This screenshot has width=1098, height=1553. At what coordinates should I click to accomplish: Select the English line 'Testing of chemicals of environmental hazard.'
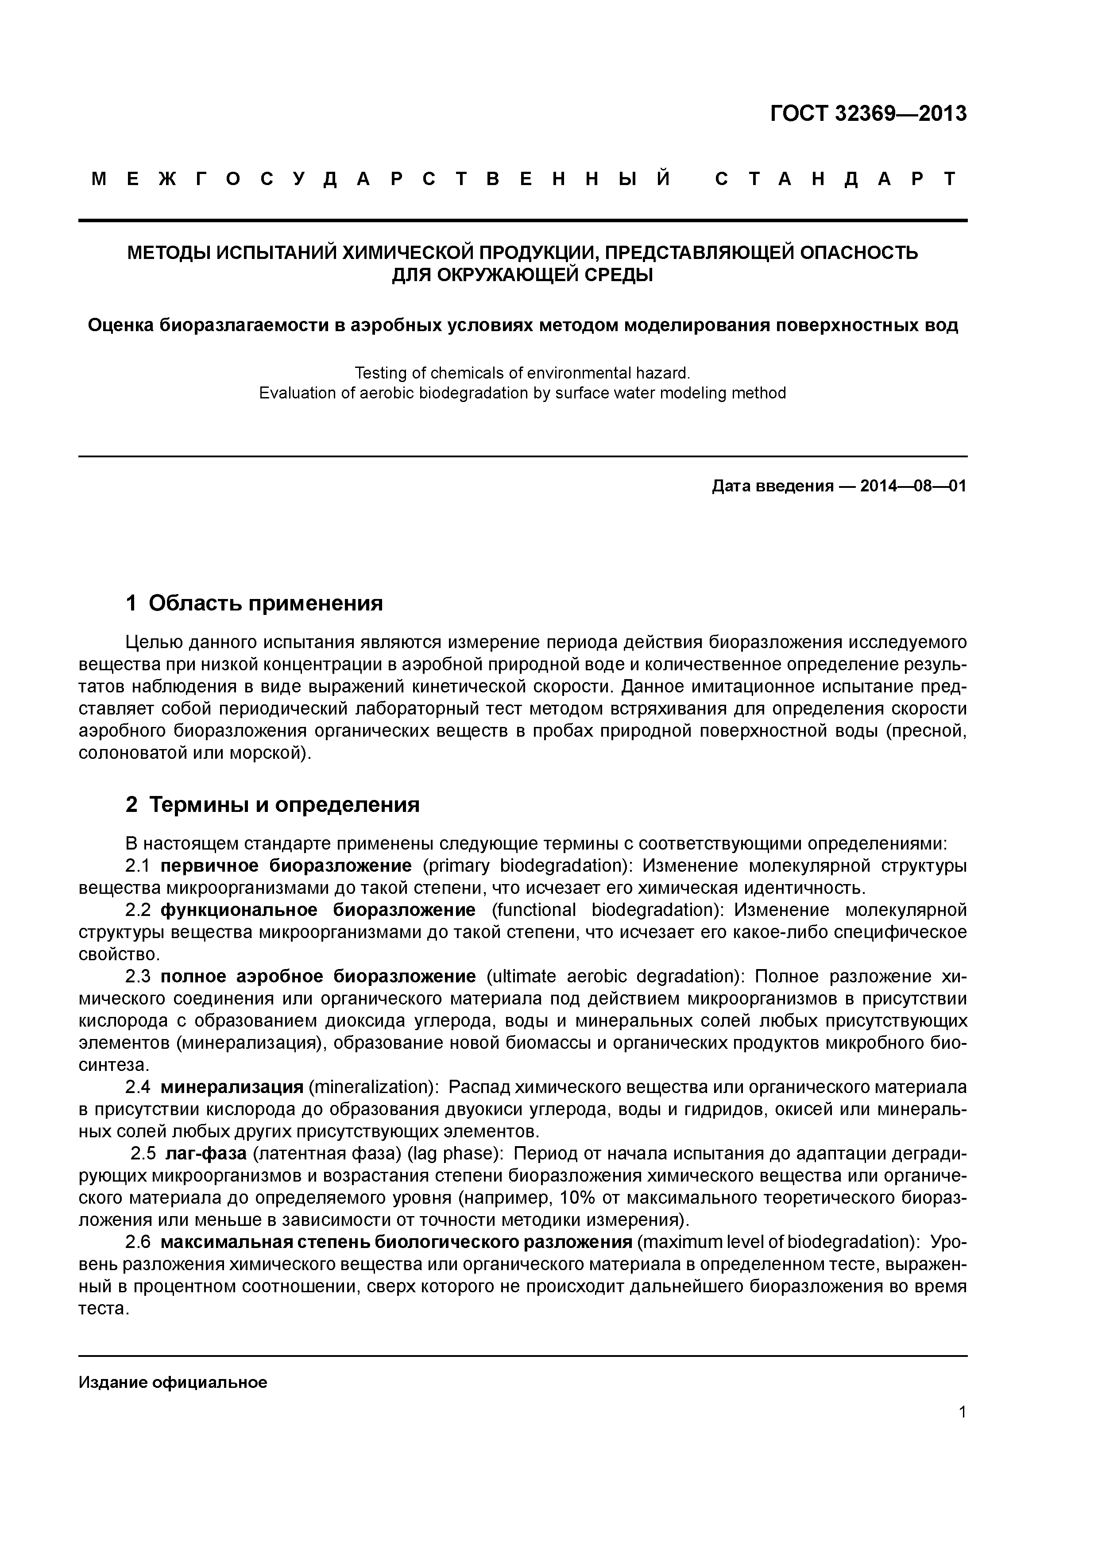[x=522, y=373]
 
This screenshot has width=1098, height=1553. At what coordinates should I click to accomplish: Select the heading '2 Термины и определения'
[x=273, y=805]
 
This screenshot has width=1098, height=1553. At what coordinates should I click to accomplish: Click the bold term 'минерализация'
[x=232, y=1087]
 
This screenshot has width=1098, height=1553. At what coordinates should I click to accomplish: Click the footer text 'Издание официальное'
[x=173, y=1364]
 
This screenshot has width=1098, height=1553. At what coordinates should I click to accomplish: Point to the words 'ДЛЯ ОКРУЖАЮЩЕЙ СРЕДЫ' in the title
[x=522, y=275]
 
